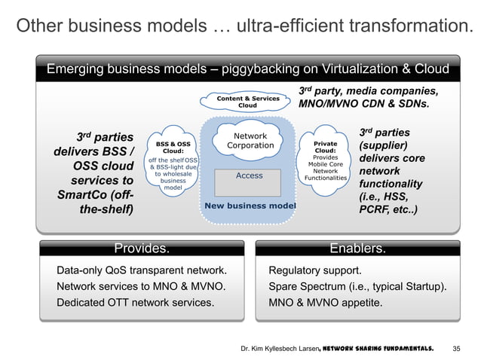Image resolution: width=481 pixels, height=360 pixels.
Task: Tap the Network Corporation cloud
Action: pos(250,141)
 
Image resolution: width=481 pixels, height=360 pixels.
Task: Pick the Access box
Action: pos(250,175)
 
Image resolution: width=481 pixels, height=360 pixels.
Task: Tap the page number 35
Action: pos(455,348)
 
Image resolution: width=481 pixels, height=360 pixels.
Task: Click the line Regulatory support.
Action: pos(314,270)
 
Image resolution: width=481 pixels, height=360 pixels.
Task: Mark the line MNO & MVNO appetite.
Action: pos(326,304)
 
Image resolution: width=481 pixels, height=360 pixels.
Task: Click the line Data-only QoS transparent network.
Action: pos(142,270)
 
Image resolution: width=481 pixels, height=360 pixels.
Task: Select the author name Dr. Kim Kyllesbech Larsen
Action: pos(277,348)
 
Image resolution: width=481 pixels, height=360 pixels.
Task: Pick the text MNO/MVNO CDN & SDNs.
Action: pos(365,105)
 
